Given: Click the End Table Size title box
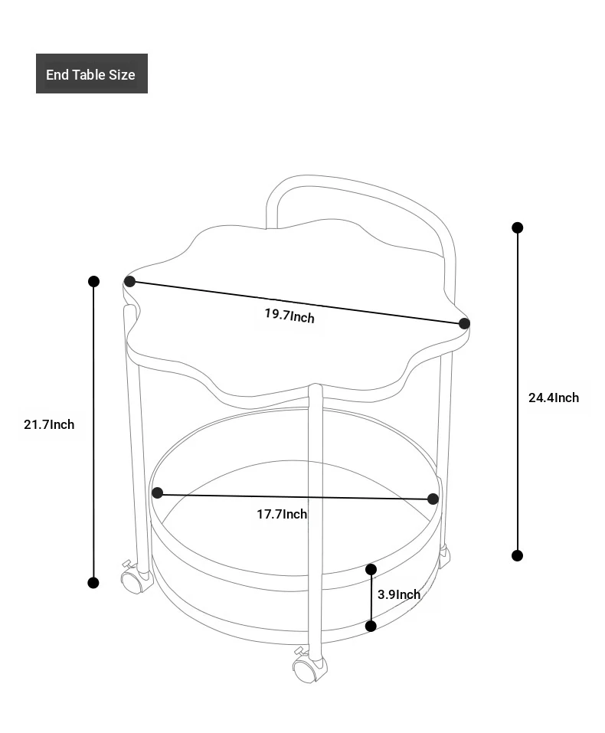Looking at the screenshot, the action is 92,74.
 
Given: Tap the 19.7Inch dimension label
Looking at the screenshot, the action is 289,316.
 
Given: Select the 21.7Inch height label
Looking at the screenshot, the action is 49,424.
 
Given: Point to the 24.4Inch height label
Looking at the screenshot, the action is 554,398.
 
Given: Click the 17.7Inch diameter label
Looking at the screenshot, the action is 282,514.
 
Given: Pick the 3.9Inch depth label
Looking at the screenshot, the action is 399,594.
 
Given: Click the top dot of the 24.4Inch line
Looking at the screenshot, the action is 517,227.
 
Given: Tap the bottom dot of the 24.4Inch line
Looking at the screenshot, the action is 517,555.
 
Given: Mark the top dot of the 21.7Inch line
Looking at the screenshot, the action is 93,281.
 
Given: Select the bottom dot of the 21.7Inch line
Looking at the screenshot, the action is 93,583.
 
